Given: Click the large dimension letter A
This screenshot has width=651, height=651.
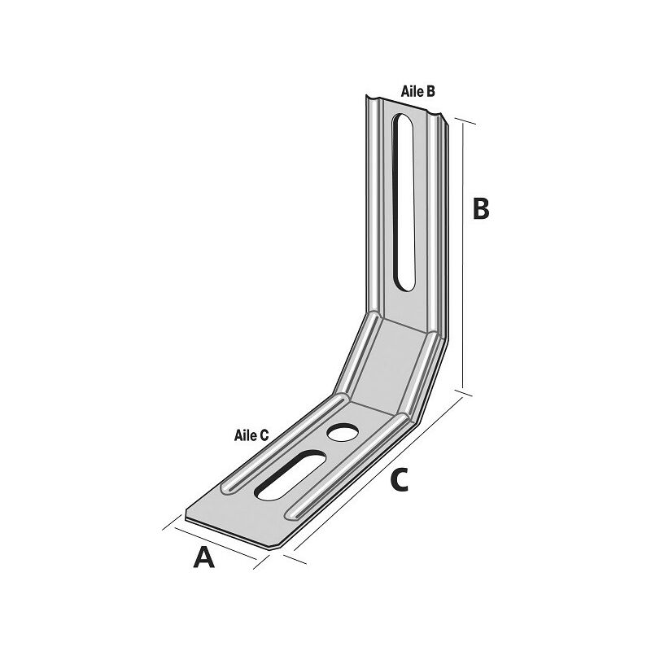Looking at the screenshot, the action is pyautogui.click(x=204, y=557).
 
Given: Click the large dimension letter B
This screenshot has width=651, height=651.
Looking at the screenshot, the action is pyautogui.click(x=481, y=209).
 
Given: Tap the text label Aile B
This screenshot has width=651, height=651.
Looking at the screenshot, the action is pyautogui.click(x=417, y=91).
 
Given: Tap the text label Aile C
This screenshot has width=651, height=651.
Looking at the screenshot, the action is pyautogui.click(x=251, y=435).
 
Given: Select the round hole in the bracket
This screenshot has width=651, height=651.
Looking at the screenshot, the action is pyautogui.click(x=343, y=433).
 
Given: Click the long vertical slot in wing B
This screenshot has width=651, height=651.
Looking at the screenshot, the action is pyautogui.click(x=403, y=202).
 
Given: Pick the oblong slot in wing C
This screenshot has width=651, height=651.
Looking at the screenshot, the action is pyautogui.click(x=291, y=475).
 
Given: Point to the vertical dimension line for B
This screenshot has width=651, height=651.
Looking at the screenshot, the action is pyautogui.click(x=463, y=256).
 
